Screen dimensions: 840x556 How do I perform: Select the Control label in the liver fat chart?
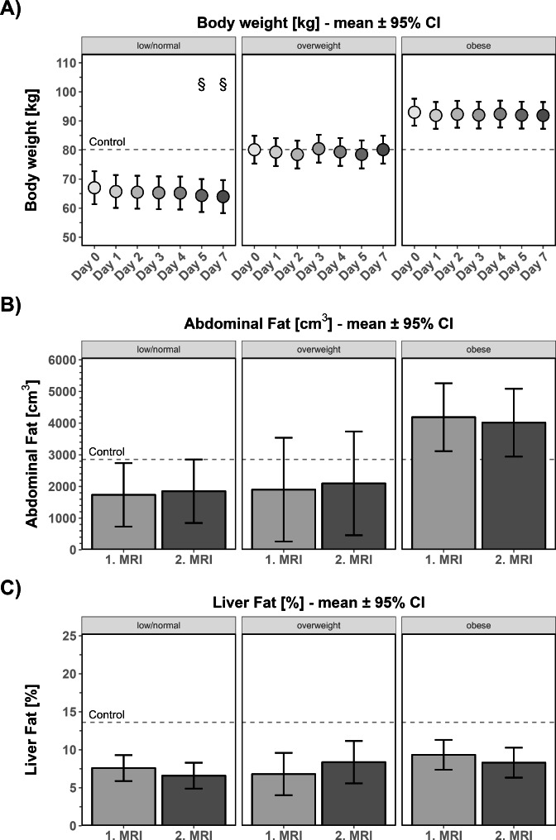pyautogui.click(x=107, y=714)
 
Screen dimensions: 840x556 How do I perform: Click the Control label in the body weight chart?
pyautogui.click(x=107, y=142)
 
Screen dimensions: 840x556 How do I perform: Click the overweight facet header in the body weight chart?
pyautogui.click(x=317, y=44)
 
